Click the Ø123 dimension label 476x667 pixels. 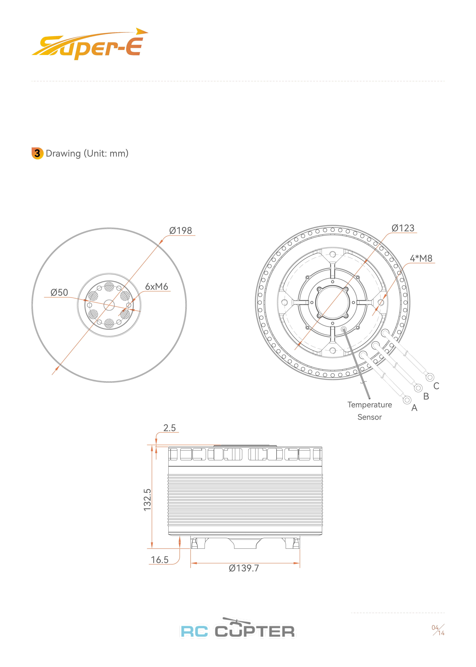403,228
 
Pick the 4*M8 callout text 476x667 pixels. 421,258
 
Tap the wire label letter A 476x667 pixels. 414,408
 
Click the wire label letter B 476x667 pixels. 426,396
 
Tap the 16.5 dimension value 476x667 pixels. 160,560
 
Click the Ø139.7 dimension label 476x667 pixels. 244,568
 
